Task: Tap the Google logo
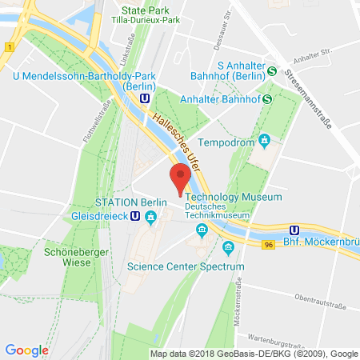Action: click(26, 350)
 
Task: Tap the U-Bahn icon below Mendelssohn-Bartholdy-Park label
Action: click(144, 97)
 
